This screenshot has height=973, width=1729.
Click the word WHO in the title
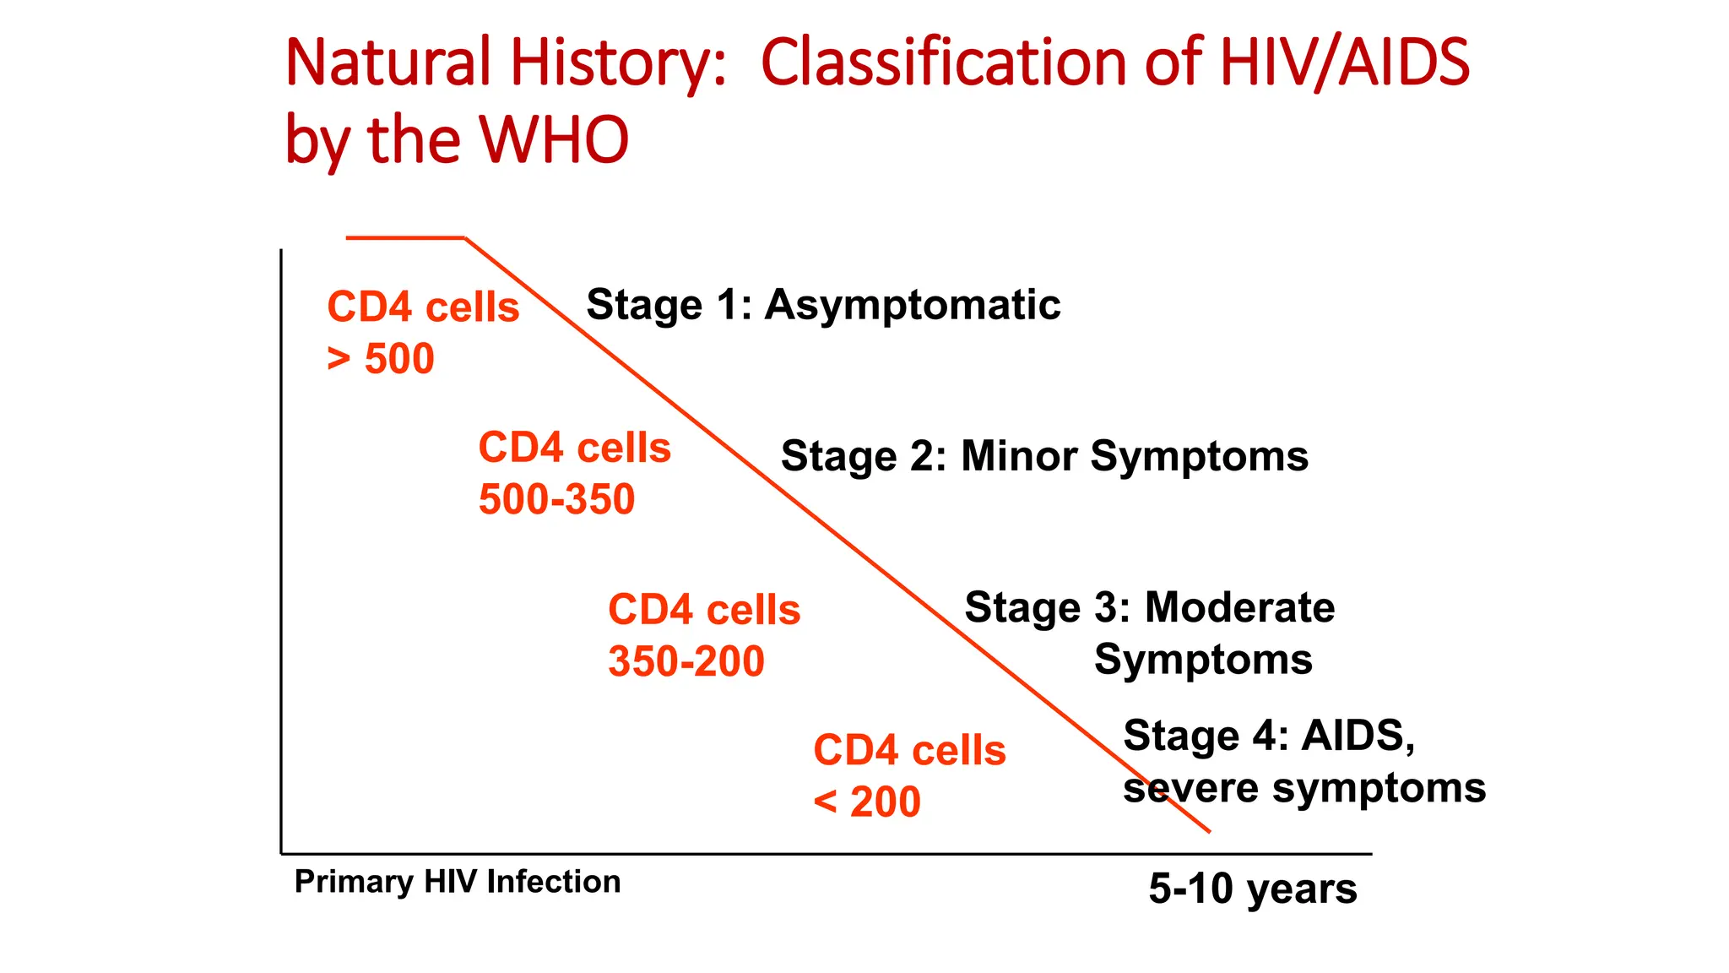(554, 140)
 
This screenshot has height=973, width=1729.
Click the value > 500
(381, 359)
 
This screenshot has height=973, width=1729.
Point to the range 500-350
(556, 499)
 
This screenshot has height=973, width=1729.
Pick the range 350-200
(686, 661)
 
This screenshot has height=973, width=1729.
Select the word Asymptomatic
(912, 305)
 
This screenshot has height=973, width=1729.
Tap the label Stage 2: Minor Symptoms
(1044, 457)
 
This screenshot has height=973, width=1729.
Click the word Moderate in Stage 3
(1239, 608)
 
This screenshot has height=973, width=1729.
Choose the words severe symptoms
(1304, 789)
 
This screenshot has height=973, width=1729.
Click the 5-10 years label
(1252, 889)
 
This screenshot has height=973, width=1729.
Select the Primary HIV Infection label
(457, 882)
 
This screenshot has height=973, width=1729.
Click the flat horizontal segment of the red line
(405, 238)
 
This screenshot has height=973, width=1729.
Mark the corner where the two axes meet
(281, 853)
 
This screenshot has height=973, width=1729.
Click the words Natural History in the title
(505, 63)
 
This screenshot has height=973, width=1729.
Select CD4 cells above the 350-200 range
(703, 610)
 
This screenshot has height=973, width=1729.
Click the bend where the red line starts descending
(465, 238)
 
